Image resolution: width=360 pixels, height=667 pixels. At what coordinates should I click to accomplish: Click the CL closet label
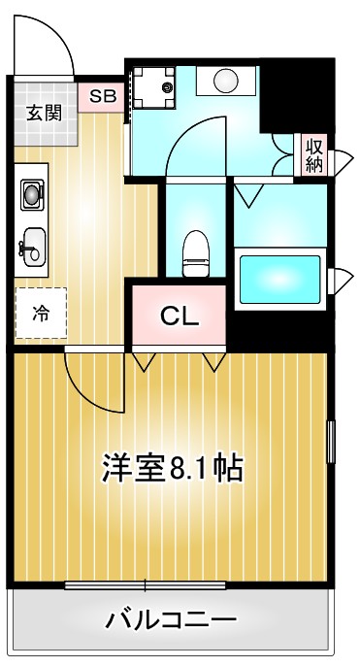click(180, 316)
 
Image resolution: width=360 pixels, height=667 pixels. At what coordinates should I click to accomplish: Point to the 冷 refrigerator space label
click(41, 313)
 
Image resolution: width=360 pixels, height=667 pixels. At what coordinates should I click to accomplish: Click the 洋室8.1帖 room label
click(173, 468)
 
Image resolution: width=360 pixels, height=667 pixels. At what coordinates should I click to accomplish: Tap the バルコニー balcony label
click(172, 618)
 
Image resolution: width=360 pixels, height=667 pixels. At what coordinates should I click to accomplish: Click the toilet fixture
click(196, 250)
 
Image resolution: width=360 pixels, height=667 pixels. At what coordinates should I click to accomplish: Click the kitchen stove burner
click(33, 195)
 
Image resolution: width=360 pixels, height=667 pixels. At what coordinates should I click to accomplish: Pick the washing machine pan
click(152, 90)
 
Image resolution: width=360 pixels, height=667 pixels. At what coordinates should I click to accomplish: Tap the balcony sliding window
click(146, 584)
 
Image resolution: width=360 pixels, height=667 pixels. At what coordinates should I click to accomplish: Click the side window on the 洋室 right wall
click(330, 442)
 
